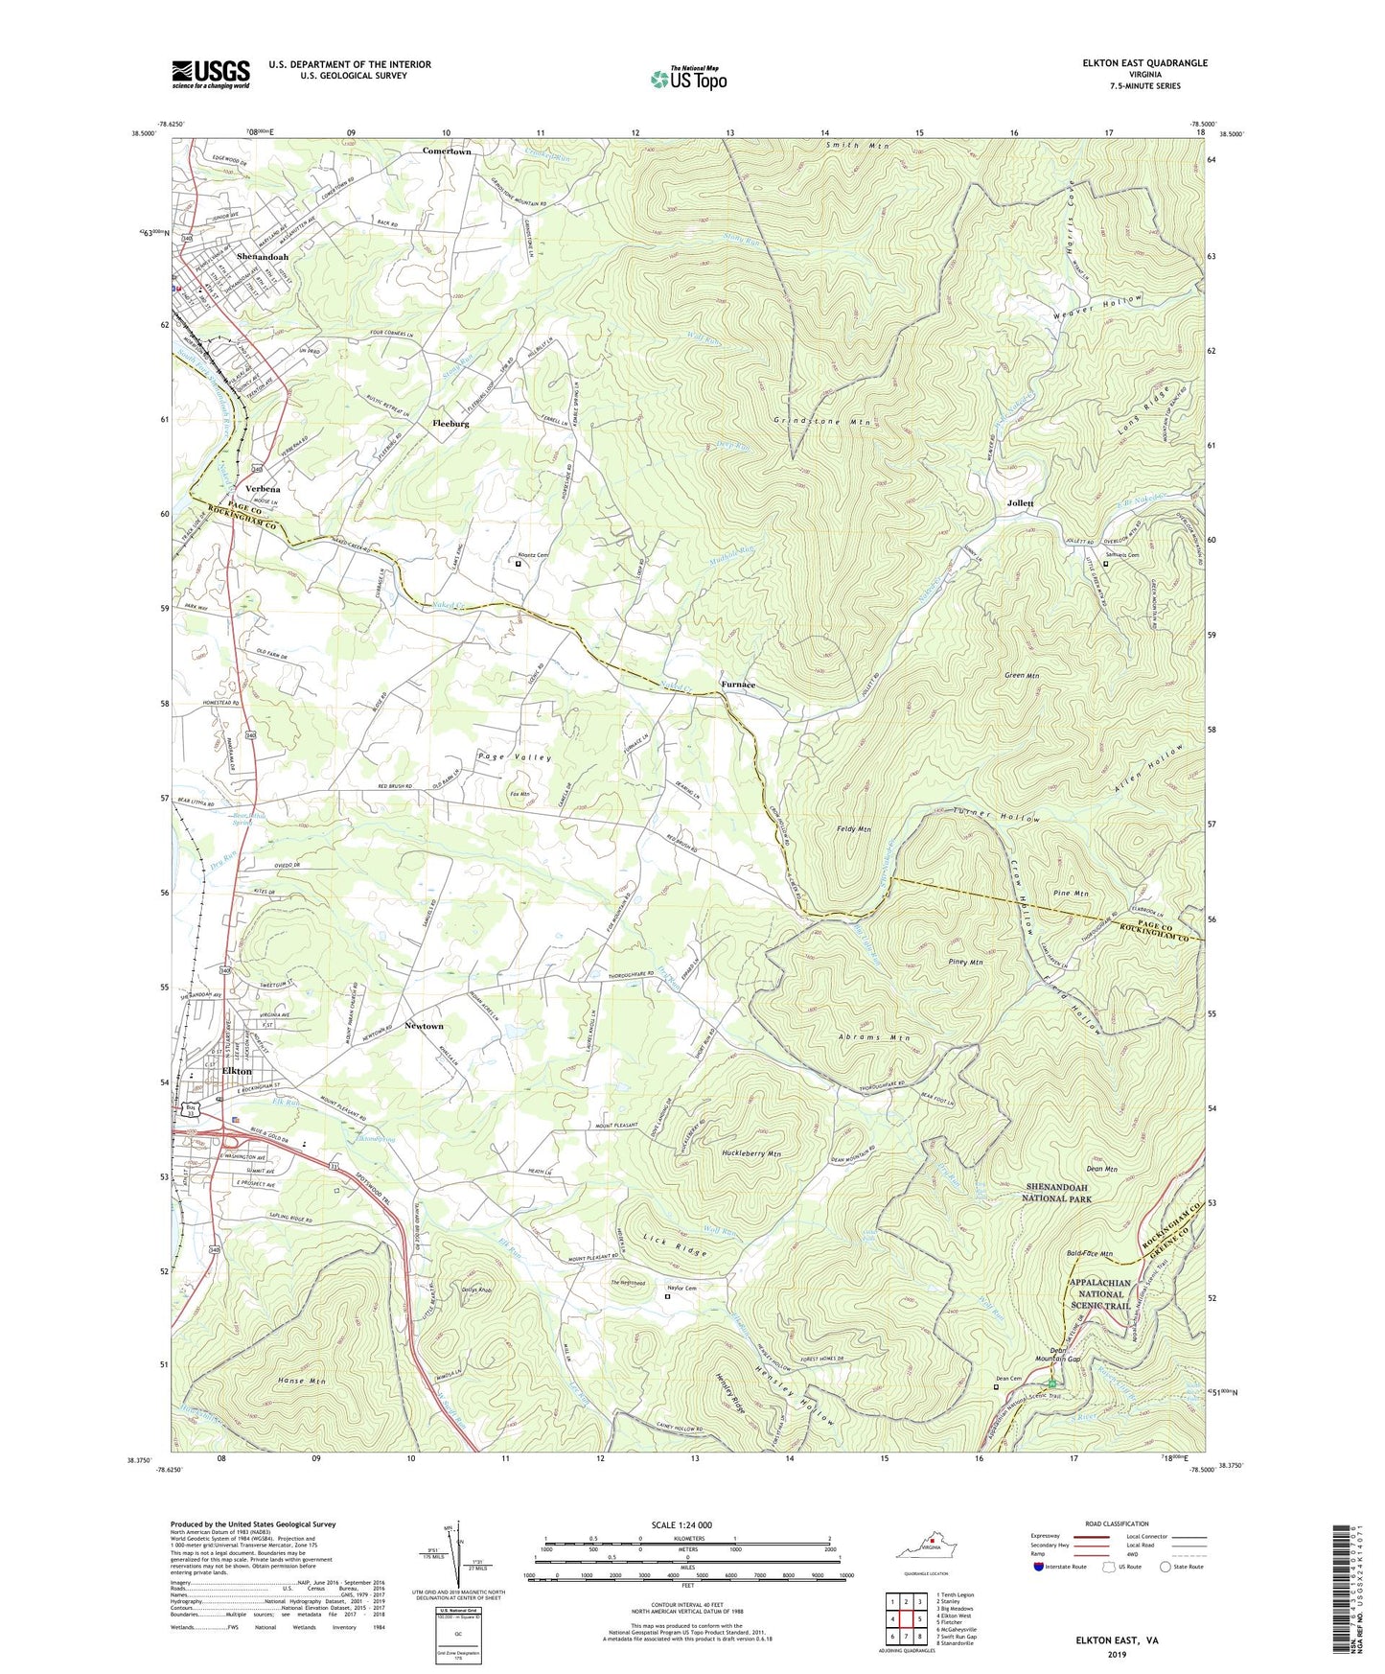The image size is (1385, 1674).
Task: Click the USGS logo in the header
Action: pos(211,73)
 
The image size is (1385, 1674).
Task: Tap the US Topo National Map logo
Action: pos(687,78)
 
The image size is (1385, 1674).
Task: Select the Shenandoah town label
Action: pos(262,257)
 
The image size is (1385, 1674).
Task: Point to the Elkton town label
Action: pos(237,1071)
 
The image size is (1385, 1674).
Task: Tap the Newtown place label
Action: pos(424,1026)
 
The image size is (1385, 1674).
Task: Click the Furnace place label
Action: pos(738,685)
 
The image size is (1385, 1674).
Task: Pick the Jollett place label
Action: pos(1020,503)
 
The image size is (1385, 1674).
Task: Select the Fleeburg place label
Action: pos(450,423)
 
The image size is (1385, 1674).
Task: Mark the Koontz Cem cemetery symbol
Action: pos(519,565)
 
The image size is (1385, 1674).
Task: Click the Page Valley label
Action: pos(515,757)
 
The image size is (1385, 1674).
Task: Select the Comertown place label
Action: pos(447,151)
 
